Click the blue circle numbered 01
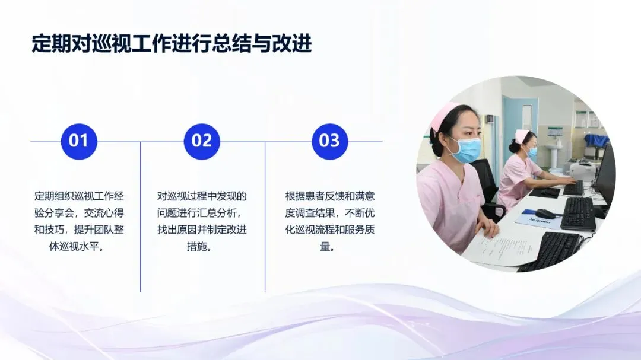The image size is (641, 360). [x=79, y=141]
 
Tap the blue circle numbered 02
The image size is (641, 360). [x=202, y=141]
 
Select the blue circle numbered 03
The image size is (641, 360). [x=329, y=141]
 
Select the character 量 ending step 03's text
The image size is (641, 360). [x=325, y=246]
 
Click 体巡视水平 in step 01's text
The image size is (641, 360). [x=74, y=246]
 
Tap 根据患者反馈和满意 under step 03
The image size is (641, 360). [x=330, y=196]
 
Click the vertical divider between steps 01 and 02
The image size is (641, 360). [x=140, y=216]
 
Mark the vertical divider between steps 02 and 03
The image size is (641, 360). [x=265, y=216]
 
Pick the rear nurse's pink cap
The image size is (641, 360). [x=519, y=136]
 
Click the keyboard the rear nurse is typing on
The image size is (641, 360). [x=573, y=188]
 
